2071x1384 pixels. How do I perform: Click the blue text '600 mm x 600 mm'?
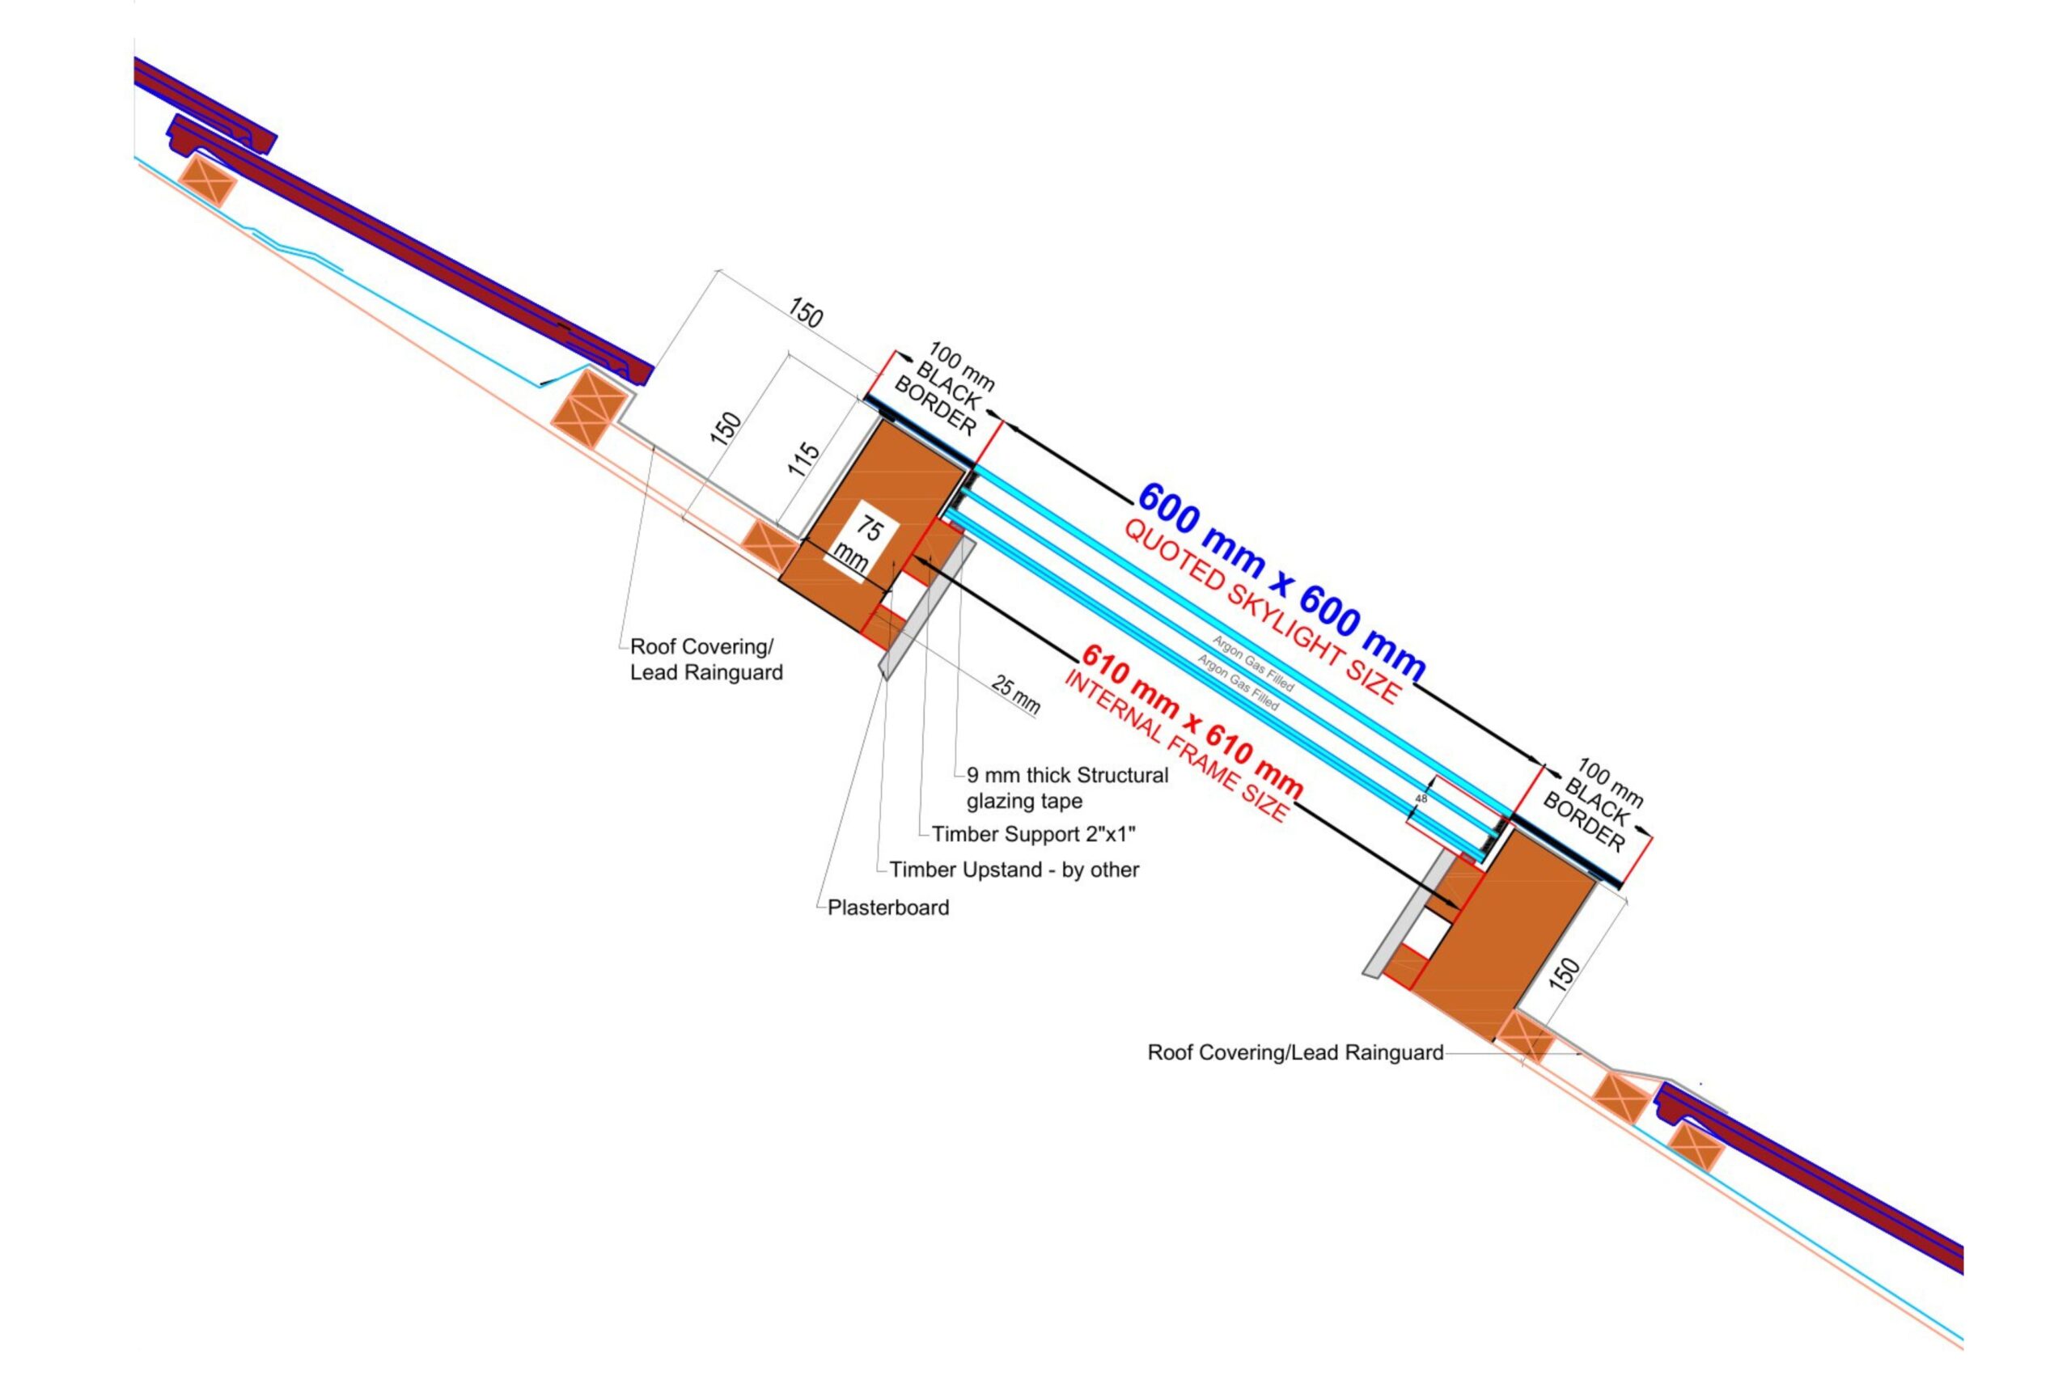(x=1280, y=582)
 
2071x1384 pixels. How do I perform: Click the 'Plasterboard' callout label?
(x=888, y=908)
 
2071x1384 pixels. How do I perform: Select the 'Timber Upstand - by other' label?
(x=1014, y=870)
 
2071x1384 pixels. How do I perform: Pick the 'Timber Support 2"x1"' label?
(x=1034, y=834)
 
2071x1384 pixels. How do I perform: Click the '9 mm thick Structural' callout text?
(x=1067, y=776)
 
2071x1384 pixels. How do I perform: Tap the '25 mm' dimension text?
(x=1016, y=694)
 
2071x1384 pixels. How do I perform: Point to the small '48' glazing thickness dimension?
(x=1421, y=799)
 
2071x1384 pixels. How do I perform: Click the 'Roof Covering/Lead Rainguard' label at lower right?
(x=1295, y=1052)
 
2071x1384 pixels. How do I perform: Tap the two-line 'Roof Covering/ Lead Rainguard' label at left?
(x=705, y=659)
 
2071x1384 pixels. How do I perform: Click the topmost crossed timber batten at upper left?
(x=207, y=181)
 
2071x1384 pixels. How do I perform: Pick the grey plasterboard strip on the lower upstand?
(x=1404, y=913)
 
